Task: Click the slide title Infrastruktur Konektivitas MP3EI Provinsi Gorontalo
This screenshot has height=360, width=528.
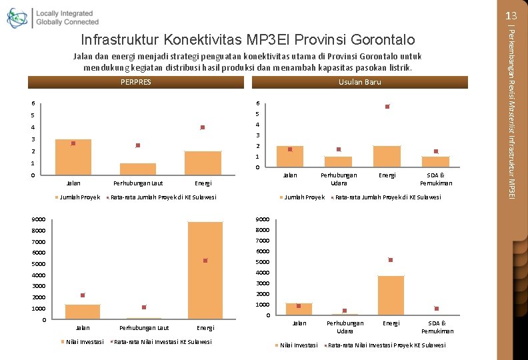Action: pyautogui.click(x=247, y=39)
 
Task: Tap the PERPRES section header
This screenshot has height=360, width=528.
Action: pyautogui.click(x=136, y=83)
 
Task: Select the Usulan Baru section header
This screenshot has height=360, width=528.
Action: pyautogui.click(x=360, y=83)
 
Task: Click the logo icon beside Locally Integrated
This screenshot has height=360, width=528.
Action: pyautogui.click(x=17, y=18)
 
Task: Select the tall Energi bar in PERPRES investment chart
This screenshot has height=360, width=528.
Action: pyautogui.click(x=205, y=270)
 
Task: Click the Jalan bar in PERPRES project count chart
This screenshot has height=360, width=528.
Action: pyautogui.click(x=73, y=157)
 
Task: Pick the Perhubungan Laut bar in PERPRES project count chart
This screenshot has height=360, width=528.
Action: pyautogui.click(x=138, y=169)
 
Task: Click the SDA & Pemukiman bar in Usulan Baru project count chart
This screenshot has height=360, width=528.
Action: pyautogui.click(x=435, y=161)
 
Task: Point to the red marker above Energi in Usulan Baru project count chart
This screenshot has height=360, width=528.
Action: pyautogui.click(x=387, y=107)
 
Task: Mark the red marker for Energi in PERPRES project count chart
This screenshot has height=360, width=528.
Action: pyautogui.click(x=203, y=127)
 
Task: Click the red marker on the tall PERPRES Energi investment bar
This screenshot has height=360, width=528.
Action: pyautogui.click(x=205, y=261)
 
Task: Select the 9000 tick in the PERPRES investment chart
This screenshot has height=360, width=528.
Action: pyautogui.click(x=38, y=219)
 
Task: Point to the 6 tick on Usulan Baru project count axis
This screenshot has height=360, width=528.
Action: pyautogui.click(x=259, y=103)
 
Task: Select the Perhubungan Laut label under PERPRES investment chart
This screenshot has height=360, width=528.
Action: pyautogui.click(x=144, y=328)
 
